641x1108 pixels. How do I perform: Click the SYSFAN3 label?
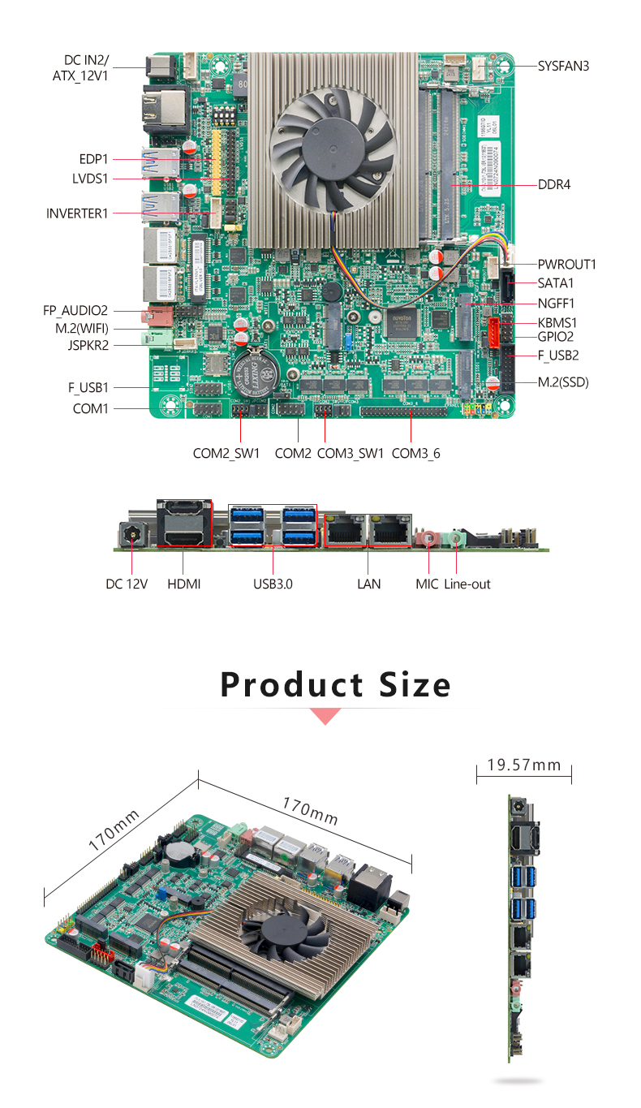tap(563, 66)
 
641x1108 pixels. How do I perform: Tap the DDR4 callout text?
tap(554, 184)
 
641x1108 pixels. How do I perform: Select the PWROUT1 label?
tap(566, 264)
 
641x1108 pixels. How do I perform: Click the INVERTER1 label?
tap(77, 213)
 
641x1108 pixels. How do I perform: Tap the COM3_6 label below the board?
tap(415, 453)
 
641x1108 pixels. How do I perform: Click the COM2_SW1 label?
tap(226, 453)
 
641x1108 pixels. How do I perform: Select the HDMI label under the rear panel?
tap(183, 584)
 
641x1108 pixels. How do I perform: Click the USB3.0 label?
tap(273, 584)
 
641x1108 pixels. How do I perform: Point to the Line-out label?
tap(467, 584)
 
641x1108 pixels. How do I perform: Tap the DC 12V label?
tap(127, 584)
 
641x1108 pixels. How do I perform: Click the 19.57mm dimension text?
tap(524, 765)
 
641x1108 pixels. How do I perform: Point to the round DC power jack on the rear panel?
tap(131, 536)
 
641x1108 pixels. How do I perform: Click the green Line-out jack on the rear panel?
tap(458, 537)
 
